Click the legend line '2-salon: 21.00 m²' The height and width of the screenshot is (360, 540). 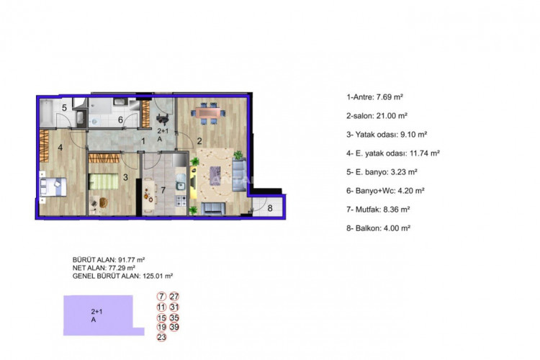377,115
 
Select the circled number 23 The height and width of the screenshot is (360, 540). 161,336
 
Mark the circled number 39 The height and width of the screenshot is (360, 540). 175,326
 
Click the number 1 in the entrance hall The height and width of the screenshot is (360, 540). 143,141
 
